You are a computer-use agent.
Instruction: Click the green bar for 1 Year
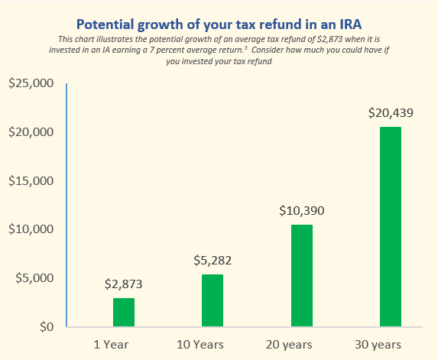coord(124,312)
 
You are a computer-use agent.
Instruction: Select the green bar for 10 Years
coord(213,300)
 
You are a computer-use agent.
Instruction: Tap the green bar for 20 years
coord(301,276)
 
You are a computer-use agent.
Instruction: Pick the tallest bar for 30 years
coord(390,227)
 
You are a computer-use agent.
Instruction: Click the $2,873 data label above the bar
coord(124,284)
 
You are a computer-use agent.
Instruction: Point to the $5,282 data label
coord(213,261)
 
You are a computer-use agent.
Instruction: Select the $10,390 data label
coord(301,211)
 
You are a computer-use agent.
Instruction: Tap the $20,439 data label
coord(390,113)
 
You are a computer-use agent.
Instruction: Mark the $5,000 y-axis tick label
coord(33,278)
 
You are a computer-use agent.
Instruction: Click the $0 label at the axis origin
coord(45,327)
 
